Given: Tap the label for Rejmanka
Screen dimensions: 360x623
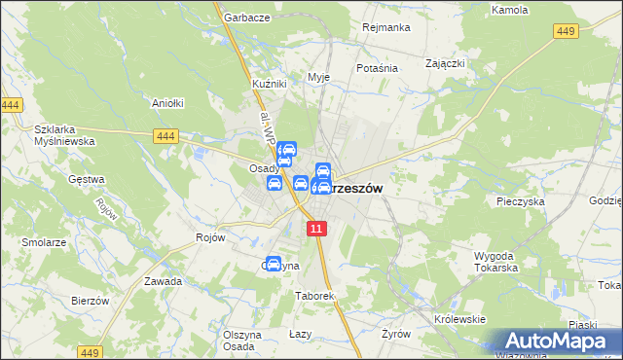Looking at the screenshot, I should tap(384, 27).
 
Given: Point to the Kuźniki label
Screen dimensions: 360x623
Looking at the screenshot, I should tap(269, 84).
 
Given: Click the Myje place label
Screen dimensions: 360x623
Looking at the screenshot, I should tap(318, 77).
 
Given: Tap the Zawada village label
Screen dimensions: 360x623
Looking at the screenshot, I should tap(163, 281).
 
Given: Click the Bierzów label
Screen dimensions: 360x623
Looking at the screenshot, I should tap(90, 301).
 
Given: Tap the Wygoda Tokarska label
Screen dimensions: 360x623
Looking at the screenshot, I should tap(494, 262).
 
